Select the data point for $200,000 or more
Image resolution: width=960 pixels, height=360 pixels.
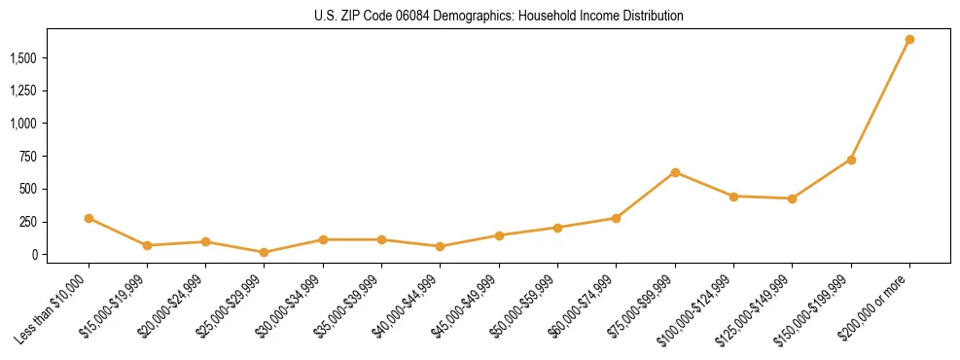pyautogui.click(x=909, y=40)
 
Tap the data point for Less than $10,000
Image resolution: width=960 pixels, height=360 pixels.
pyautogui.click(x=89, y=218)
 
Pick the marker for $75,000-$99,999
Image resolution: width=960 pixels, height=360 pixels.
pyautogui.click(x=675, y=172)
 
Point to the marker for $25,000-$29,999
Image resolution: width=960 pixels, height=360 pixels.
pyautogui.click(x=265, y=252)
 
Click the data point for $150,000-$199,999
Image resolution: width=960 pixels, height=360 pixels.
pyautogui.click(x=851, y=160)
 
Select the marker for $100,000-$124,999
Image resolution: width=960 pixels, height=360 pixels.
pyautogui.click(x=733, y=197)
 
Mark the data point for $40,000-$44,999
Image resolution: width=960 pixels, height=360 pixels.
pyautogui.click(x=441, y=246)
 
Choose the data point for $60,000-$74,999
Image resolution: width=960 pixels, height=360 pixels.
pyautogui.click(x=617, y=218)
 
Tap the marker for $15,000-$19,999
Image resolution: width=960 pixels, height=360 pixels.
pyautogui.click(x=147, y=245)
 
